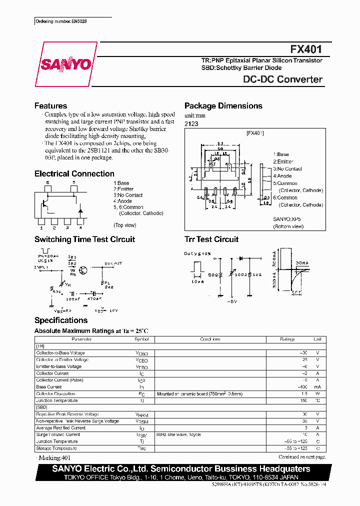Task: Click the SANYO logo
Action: [66, 64]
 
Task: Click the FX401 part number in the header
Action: [306, 49]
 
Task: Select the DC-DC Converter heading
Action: [282, 79]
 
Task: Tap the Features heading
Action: [50, 106]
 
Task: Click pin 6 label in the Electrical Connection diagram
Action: [48, 183]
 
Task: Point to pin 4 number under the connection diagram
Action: [80, 227]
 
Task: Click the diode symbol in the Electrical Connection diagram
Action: [79, 206]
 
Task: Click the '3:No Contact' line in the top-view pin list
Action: [128, 195]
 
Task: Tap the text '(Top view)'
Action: [124, 225]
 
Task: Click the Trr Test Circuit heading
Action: [211, 239]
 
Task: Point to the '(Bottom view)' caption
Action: [288, 226]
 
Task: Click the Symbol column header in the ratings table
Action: [141, 339]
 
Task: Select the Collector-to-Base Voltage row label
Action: [60, 353]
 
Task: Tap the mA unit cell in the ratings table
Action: [317, 387]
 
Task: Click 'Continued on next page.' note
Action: [301, 457]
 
